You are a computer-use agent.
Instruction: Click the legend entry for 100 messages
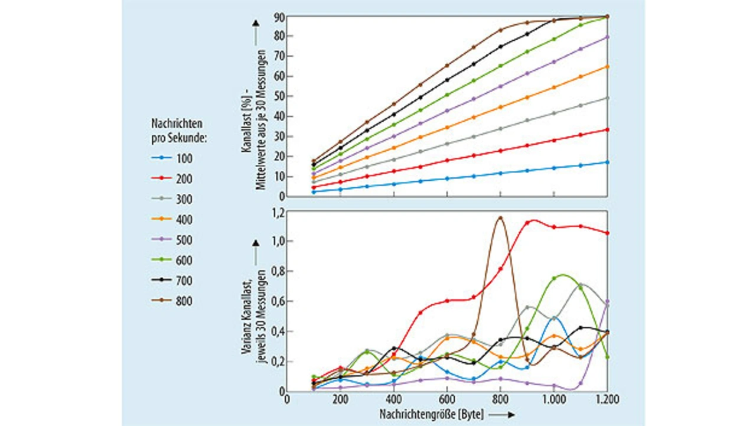[171, 158]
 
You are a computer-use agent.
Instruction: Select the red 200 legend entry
[171, 179]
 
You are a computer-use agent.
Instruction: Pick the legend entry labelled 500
[171, 240]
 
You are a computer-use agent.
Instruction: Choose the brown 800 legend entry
[171, 301]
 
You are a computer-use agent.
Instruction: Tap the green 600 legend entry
[171, 260]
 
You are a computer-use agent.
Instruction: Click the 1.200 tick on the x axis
[607, 400]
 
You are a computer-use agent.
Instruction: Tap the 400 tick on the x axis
[393, 400]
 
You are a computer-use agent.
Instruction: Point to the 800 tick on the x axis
[500, 400]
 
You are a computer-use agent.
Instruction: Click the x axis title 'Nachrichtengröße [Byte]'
[432, 415]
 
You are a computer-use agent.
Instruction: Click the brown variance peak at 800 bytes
[500, 217]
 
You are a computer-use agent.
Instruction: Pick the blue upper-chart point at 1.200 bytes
[607, 162]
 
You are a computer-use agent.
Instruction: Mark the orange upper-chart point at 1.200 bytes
[607, 67]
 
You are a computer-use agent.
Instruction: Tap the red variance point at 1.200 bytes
[607, 233]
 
